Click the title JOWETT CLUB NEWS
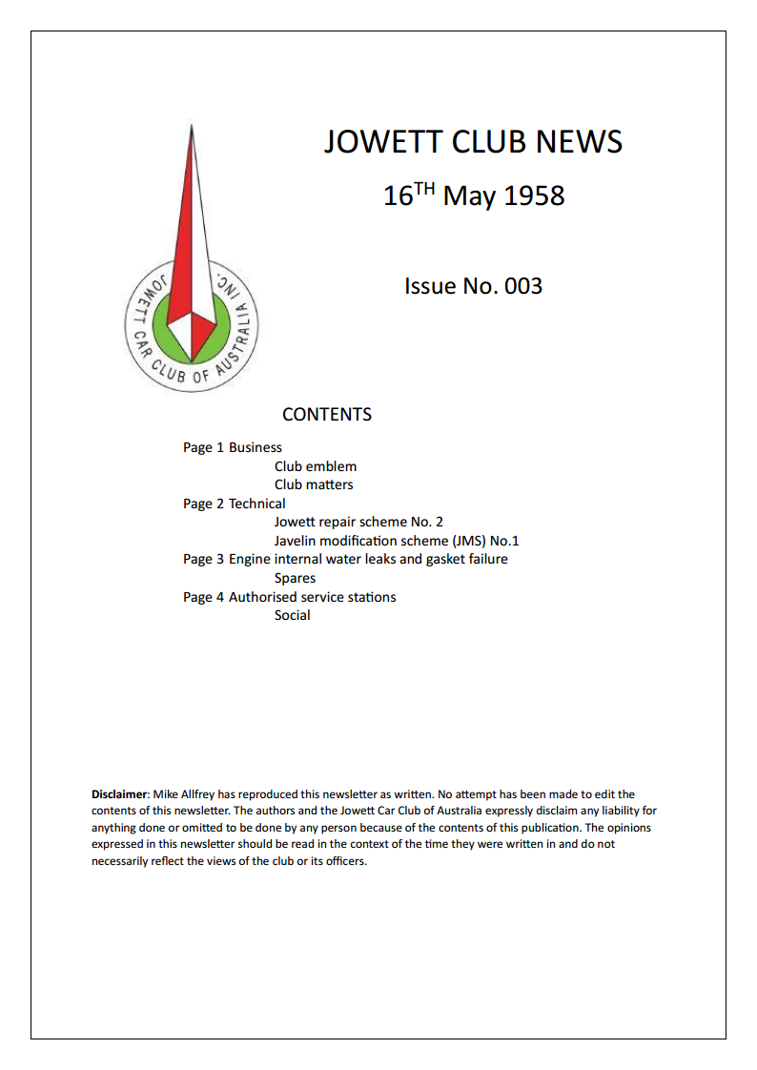(x=473, y=142)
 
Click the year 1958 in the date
(x=533, y=196)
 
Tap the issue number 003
(x=523, y=286)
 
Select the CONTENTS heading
(x=327, y=415)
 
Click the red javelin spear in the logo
(x=192, y=238)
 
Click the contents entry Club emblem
(x=316, y=466)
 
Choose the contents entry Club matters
(x=314, y=484)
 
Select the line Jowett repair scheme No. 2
(x=358, y=522)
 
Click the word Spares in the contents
(x=295, y=578)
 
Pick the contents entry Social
(x=292, y=615)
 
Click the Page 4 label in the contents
(x=203, y=597)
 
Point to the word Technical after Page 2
(x=256, y=504)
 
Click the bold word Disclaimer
(x=119, y=793)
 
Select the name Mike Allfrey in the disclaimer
(x=186, y=793)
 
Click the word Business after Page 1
(x=255, y=447)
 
